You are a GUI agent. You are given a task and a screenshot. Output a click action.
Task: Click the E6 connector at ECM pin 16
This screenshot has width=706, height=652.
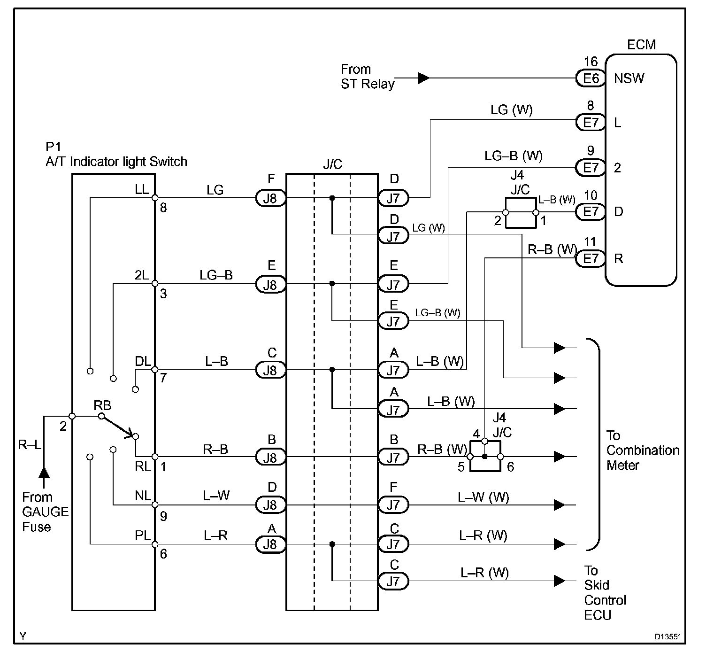591,78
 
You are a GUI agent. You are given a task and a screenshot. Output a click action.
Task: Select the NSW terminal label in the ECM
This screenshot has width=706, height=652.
629,78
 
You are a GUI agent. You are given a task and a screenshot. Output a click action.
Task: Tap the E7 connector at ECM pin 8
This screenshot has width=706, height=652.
591,123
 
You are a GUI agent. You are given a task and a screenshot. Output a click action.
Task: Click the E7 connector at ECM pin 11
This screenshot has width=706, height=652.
591,259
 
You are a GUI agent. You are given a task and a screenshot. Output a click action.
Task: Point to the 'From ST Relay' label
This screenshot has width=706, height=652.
367,77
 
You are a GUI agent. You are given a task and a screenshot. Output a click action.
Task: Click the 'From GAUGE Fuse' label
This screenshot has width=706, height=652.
45,512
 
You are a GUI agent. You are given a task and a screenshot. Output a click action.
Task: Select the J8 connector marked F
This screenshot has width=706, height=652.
270,198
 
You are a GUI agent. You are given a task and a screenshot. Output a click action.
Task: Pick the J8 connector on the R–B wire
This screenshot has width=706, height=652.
270,457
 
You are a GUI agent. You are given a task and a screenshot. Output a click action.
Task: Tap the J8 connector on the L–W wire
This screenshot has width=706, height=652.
270,505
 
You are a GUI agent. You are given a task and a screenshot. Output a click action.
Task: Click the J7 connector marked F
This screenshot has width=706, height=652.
393,505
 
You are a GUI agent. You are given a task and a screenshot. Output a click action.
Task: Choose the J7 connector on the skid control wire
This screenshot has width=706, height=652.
393,581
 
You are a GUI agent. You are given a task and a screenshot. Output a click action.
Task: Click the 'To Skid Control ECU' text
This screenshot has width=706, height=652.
605,593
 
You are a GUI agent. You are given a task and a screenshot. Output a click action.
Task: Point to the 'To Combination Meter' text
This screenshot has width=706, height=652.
642,450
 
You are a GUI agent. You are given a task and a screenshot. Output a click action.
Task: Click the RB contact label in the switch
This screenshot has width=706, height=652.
102,405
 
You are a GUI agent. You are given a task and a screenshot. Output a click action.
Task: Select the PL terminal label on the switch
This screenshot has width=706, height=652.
143,536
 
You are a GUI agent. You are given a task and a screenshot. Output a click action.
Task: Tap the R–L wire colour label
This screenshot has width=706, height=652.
29,444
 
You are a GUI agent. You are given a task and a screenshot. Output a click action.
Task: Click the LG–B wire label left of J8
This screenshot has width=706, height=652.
216,275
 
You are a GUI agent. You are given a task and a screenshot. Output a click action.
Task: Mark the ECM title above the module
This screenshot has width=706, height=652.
641,45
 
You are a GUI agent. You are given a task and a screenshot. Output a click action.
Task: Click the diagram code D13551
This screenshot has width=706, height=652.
668,637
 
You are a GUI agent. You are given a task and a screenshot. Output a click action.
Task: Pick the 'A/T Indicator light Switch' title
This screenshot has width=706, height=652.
116,162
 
